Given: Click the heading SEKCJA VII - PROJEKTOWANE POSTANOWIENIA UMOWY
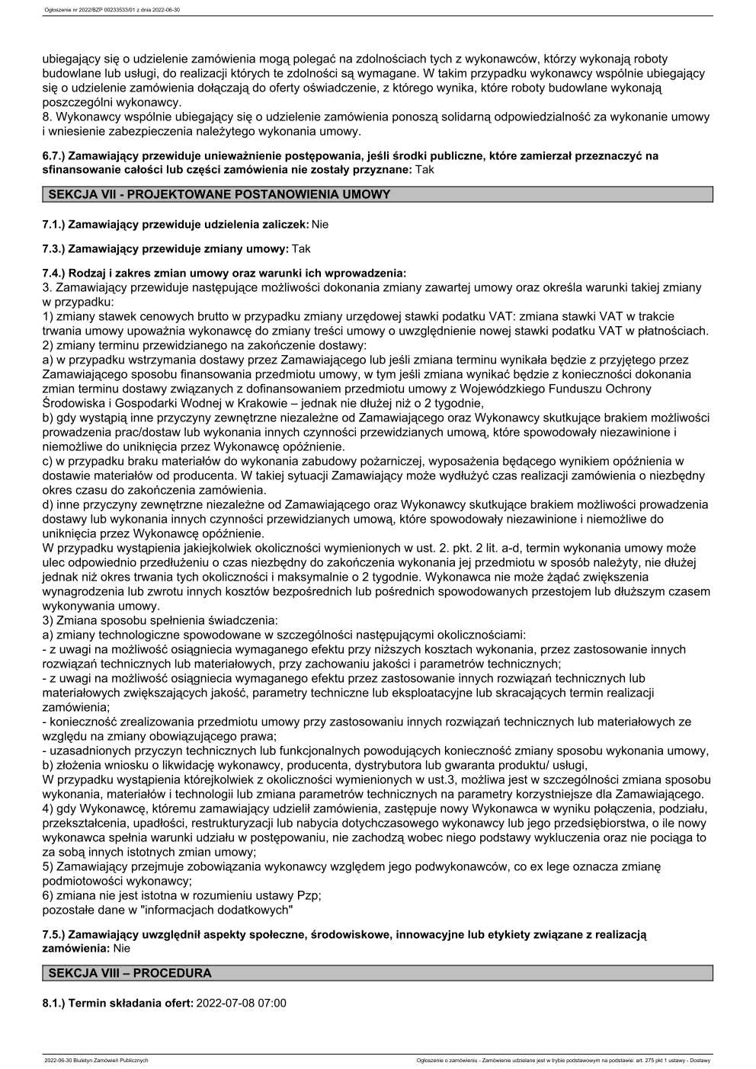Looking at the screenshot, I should point(219,195).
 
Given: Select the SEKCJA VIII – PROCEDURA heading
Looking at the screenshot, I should point(130,973).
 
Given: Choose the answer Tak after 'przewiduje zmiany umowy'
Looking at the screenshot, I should point(301,248).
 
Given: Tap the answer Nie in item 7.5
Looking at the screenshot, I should point(121,949).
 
